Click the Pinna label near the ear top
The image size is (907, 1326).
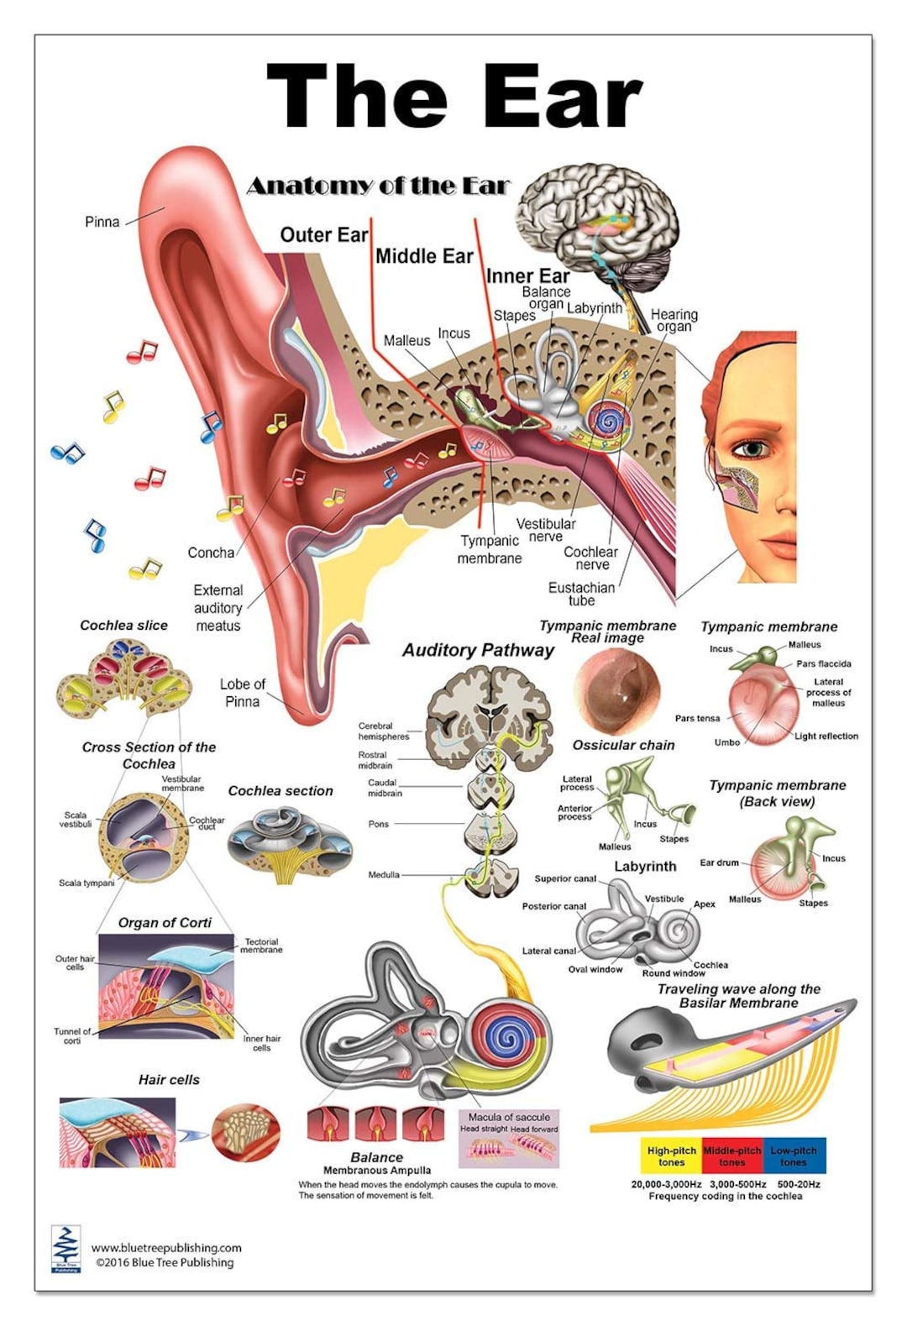coord(102,222)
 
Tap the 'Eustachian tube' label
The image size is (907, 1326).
coord(581,594)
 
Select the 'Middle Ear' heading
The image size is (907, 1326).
coord(424,256)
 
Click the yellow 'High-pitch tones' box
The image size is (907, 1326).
coord(671,1156)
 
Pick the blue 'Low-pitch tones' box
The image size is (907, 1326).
coord(794,1156)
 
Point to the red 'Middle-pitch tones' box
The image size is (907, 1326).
coord(731,1156)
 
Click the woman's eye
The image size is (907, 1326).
coord(753,448)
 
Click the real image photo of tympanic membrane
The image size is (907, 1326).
coord(616,690)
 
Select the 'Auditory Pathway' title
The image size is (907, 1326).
coord(478,650)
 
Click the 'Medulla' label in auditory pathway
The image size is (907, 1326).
coord(383,875)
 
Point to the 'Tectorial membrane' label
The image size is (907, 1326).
coord(262,946)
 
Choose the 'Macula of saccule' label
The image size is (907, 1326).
coord(509,1117)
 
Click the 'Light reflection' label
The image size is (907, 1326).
coord(826,736)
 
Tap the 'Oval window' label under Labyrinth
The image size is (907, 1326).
coord(595,969)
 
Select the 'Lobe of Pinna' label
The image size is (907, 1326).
coord(242,693)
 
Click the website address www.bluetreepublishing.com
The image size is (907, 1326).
coord(166,1248)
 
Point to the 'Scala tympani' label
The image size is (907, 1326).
coord(87,883)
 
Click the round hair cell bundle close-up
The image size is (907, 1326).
coord(245,1132)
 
